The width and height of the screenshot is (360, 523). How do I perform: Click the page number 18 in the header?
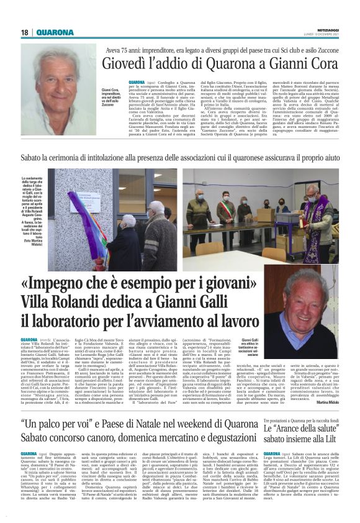25,32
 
